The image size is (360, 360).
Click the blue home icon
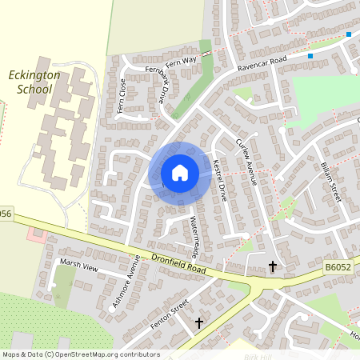[180, 172]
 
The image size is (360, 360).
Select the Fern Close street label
[122, 96]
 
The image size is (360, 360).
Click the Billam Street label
[330, 181]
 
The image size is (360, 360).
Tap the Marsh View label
[78, 266]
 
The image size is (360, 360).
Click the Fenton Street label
[168, 314]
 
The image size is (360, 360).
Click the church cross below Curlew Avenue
[272, 266]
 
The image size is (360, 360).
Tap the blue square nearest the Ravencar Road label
[310, 56]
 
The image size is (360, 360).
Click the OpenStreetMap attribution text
[81, 354]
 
